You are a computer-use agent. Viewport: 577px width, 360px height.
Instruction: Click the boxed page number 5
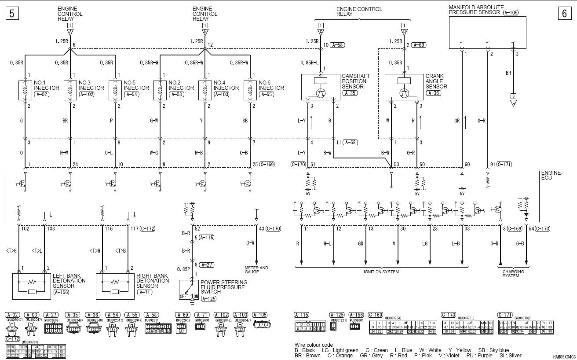point(11,13)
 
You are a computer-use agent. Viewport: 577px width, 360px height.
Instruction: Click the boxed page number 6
point(564,13)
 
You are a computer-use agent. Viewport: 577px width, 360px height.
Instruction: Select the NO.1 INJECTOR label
point(43,85)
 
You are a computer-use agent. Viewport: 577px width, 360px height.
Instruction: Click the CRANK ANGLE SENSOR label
point(436,81)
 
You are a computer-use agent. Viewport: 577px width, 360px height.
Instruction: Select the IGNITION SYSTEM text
point(381,272)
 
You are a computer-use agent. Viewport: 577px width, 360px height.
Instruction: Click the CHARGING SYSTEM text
point(513,274)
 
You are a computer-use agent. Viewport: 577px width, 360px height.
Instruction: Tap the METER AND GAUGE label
point(256,269)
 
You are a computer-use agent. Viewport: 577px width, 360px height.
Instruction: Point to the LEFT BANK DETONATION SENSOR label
point(69,281)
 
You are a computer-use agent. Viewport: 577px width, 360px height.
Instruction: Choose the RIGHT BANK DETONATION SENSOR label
point(153,281)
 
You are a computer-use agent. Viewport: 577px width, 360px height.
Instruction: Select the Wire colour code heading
point(314,345)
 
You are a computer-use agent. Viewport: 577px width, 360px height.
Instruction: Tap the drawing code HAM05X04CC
point(564,357)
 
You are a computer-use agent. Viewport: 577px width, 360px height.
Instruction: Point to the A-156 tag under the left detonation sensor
point(61,292)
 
